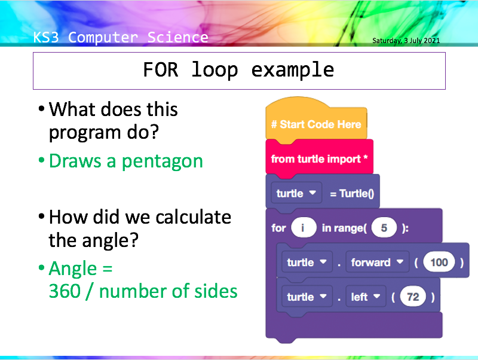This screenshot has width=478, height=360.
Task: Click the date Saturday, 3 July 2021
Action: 406,41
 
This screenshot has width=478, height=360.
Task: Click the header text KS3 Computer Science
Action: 121,38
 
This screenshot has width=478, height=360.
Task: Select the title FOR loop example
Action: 238,70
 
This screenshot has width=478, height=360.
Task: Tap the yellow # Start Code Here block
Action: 315,124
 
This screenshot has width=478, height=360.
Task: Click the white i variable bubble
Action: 304,228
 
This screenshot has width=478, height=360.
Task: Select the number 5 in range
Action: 384,228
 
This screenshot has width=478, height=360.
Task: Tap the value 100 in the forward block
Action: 439,263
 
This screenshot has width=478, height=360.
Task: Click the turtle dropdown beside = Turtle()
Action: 296,194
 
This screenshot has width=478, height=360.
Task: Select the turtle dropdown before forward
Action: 307,263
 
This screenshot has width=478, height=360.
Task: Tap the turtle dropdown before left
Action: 307,297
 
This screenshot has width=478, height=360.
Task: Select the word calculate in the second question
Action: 192,216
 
